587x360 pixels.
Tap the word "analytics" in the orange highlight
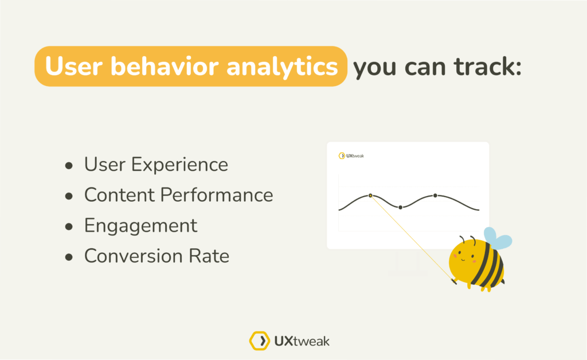click(x=282, y=68)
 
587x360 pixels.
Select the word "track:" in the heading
click(x=488, y=66)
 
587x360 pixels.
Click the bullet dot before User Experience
click(x=69, y=166)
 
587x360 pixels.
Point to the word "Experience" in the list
click(x=179, y=165)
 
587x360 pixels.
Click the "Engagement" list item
click(x=141, y=226)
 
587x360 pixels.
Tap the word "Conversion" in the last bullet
click(x=133, y=256)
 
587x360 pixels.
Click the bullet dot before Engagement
click(x=69, y=226)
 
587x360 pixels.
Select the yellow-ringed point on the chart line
click(x=370, y=195)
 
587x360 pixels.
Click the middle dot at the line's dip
click(x=400, y=208)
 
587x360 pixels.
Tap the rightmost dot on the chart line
click(x=435, y=195)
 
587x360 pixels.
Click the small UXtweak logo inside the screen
click(x=351, y=156)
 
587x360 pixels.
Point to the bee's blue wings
click(x=497, y=238)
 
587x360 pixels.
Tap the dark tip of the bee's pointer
click(x=454, y=281)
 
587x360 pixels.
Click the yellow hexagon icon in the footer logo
click(x=260, y=341)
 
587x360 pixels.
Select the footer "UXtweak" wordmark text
click(x=302, y=341)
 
